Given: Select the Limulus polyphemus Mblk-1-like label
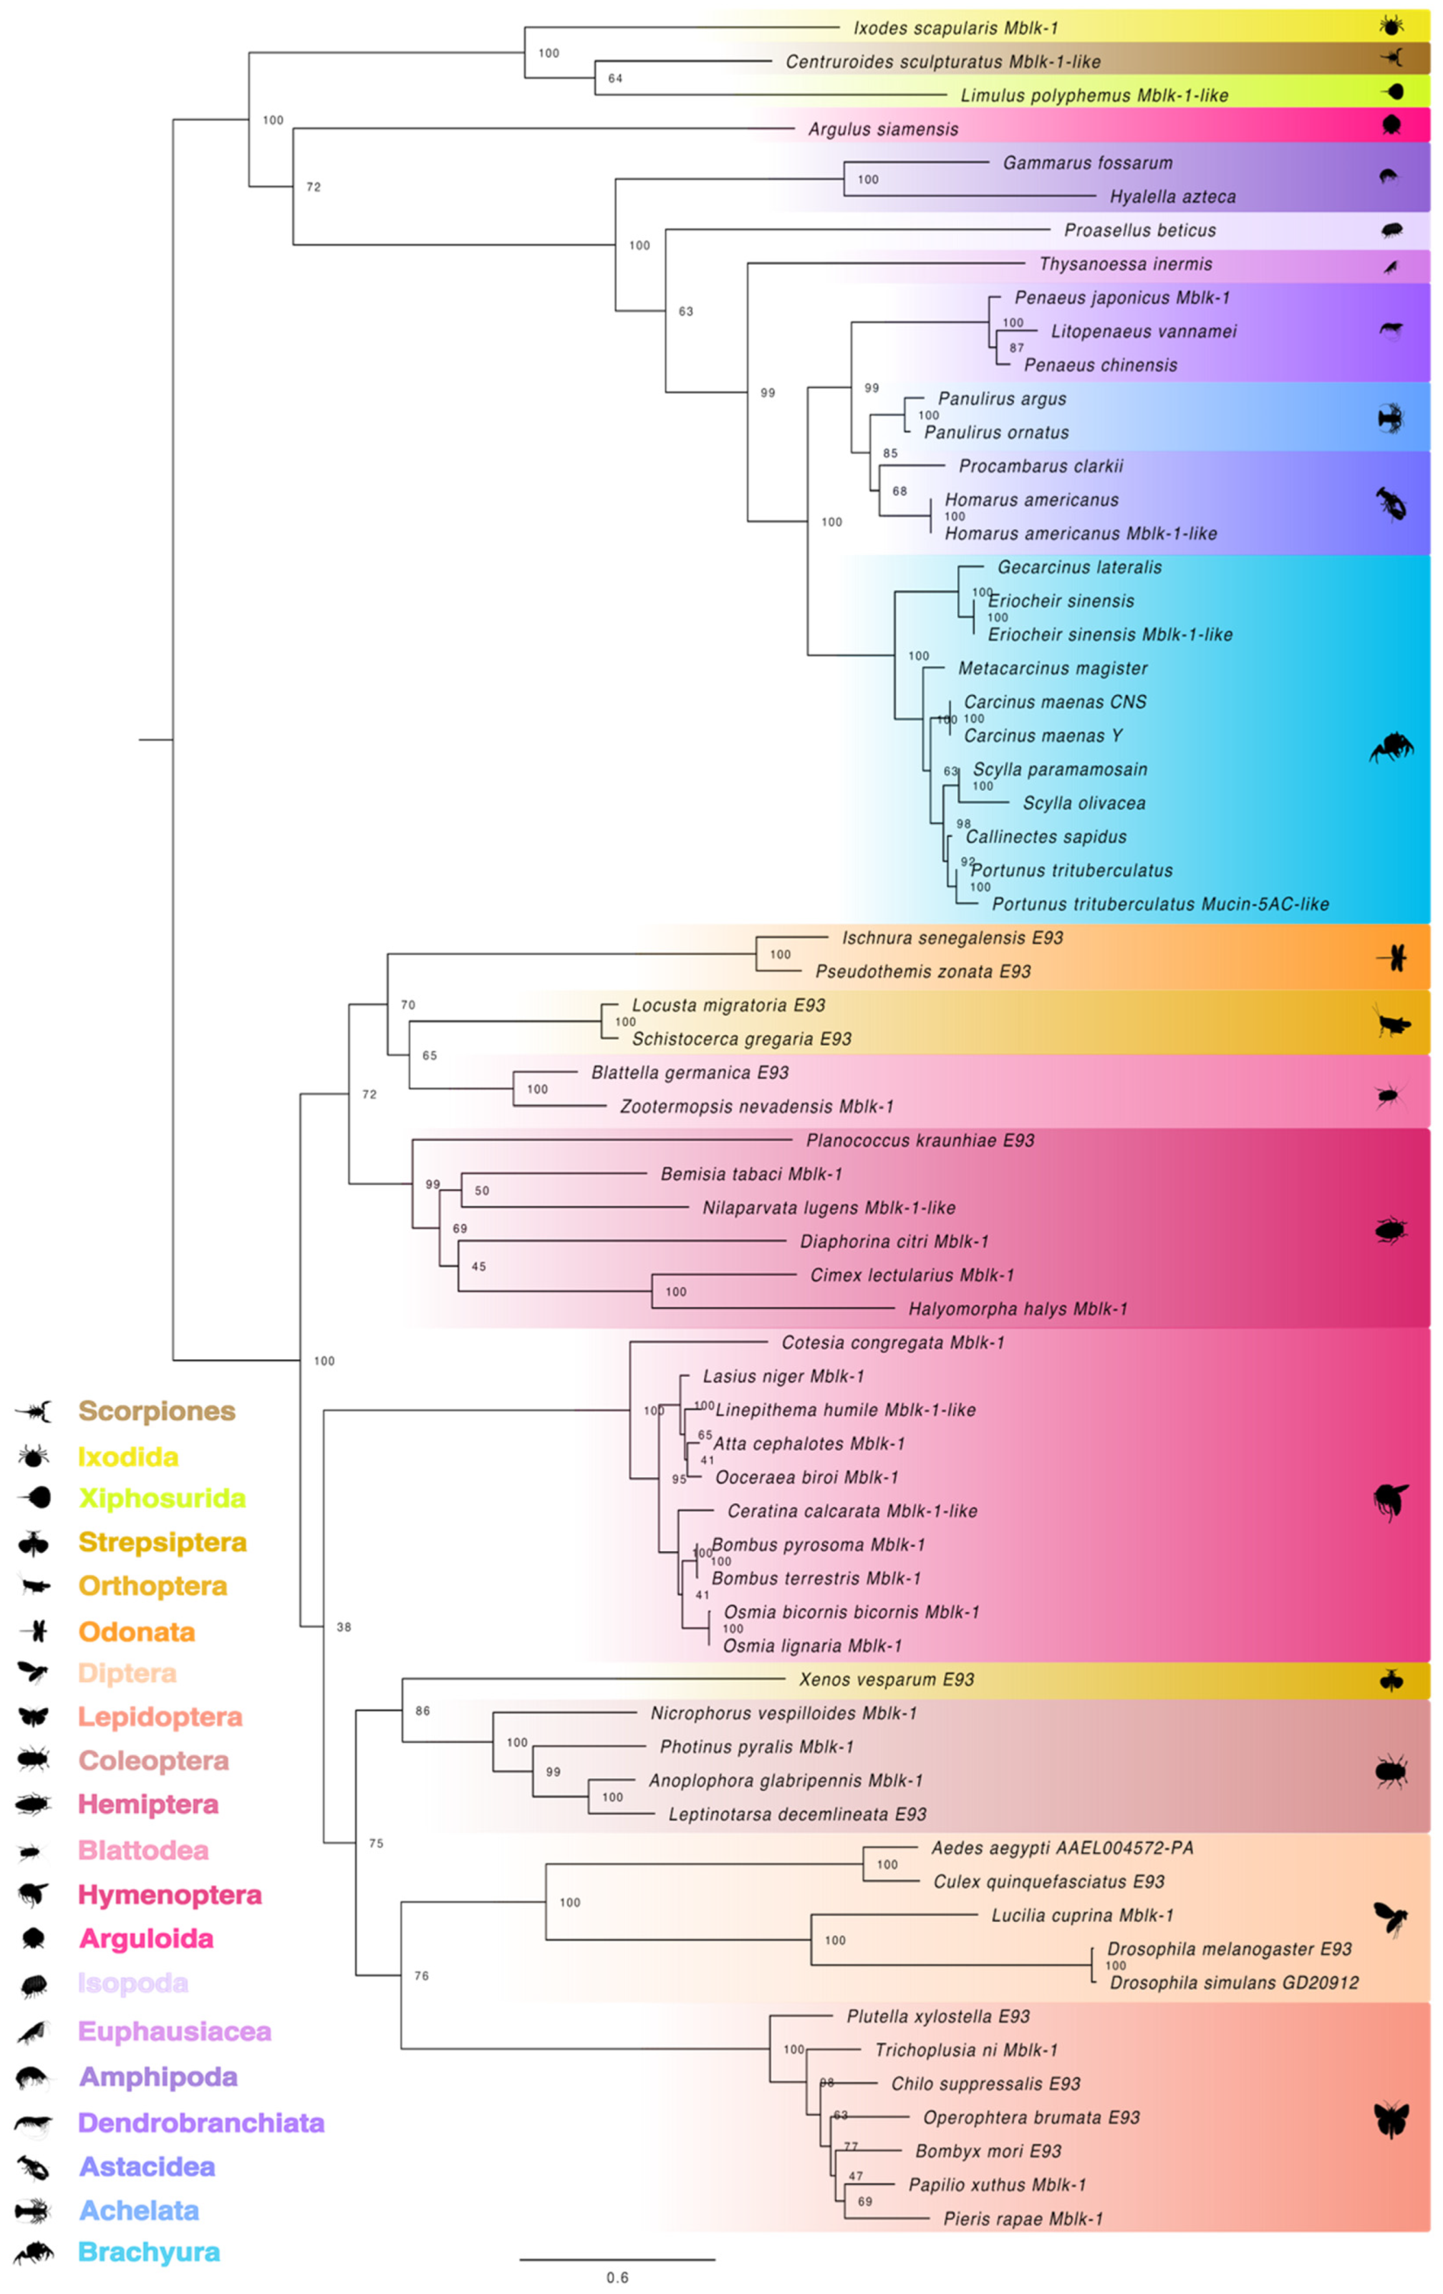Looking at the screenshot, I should coord(1093,95).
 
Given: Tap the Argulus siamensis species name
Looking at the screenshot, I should coord(882,128).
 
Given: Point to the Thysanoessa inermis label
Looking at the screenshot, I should coord(1125,264).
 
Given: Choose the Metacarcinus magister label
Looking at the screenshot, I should coord(1052,668).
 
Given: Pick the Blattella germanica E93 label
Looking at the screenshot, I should coord(689,1073).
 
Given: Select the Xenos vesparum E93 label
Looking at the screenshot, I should coord(886,1680).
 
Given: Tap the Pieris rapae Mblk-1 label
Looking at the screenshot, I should coord(1021,2219).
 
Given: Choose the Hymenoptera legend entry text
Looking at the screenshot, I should coord(170,1895).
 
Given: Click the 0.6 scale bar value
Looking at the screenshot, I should coord(617,2278).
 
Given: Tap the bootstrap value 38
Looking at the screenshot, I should coord(344,1627).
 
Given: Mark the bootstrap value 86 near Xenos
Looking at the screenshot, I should coord(422,1711).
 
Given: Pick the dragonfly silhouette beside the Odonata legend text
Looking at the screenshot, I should coord(36,1631).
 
